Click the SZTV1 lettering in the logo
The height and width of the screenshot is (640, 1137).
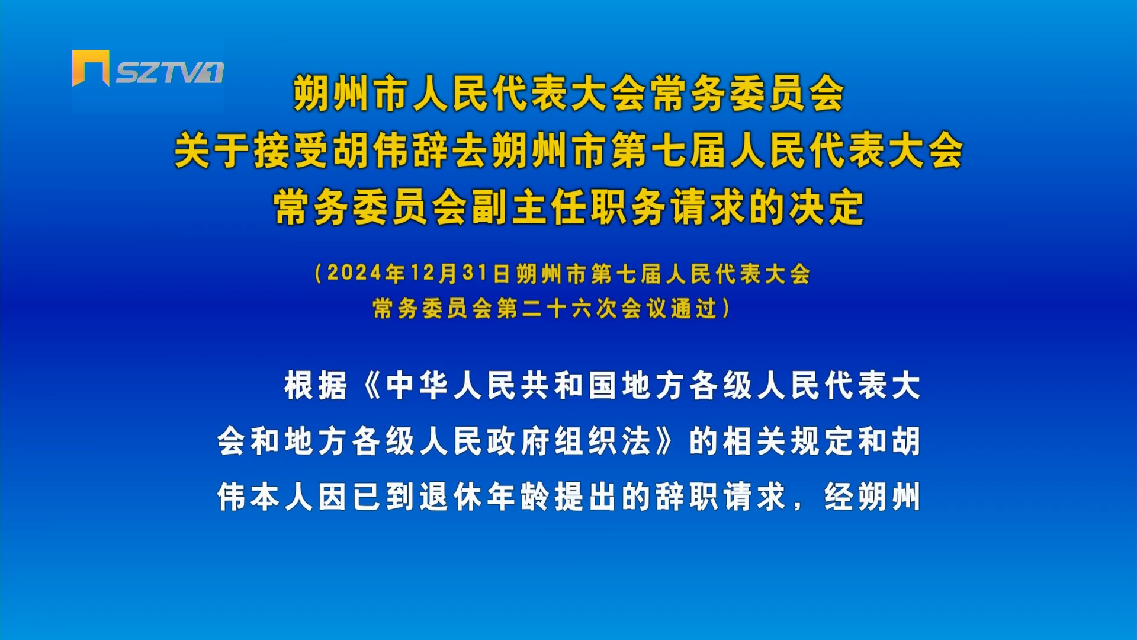click(169, 72)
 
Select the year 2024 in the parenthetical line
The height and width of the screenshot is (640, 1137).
click(354, 273)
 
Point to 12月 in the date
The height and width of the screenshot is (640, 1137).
click(433, 273)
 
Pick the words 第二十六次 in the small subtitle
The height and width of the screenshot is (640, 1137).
click(557, 308)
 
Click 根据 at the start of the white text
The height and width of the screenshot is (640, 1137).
click(316, 386)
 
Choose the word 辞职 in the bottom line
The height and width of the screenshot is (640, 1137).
click(687, 497)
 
